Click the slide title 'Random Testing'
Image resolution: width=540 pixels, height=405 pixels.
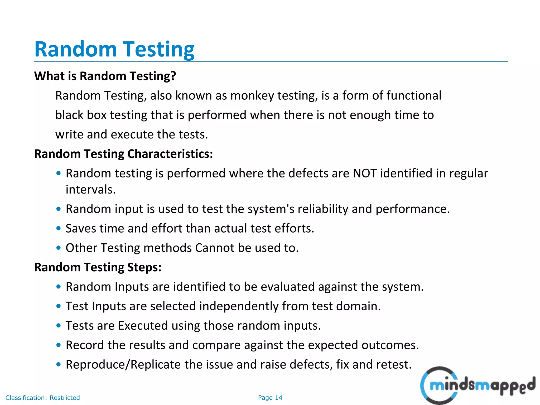pos(114,49)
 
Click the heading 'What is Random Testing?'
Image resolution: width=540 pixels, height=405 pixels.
pos(105,76)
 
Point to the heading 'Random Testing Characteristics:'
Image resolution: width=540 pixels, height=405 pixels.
pos(123,154)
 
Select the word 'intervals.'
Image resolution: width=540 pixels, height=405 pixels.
pos(91,189)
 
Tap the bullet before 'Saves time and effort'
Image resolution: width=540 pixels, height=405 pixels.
pos(59,228)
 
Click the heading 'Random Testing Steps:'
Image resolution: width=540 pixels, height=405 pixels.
pos(98,267)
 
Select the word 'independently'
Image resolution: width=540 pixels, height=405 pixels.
pos(239,306)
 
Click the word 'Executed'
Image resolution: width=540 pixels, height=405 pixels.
pos(143,326)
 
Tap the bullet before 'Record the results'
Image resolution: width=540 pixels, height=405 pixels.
pos(59,345)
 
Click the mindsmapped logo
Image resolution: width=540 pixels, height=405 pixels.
pos(477,386)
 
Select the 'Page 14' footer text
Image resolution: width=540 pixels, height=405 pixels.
pos(270,398)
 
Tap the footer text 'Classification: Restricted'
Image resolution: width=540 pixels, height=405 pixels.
pos(42,398)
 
